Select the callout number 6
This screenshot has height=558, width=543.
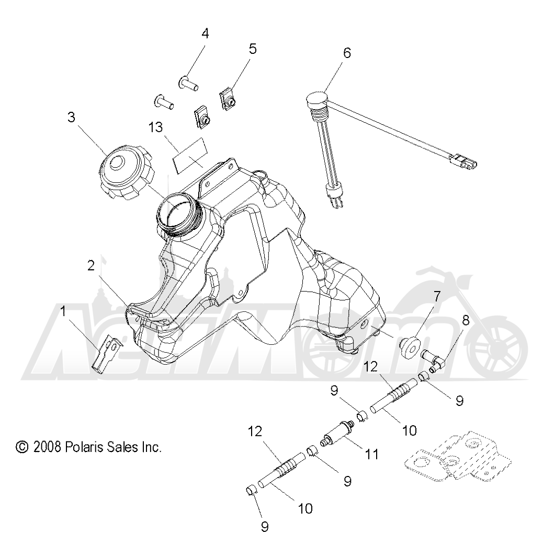coord(347,53)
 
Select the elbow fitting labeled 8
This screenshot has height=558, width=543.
coord(432,360)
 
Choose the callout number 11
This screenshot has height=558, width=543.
coord(371,455)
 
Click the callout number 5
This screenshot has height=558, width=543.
coord(253,49)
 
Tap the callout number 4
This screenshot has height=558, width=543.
coord(205,34)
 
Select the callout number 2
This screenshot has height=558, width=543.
coord(91,266)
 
